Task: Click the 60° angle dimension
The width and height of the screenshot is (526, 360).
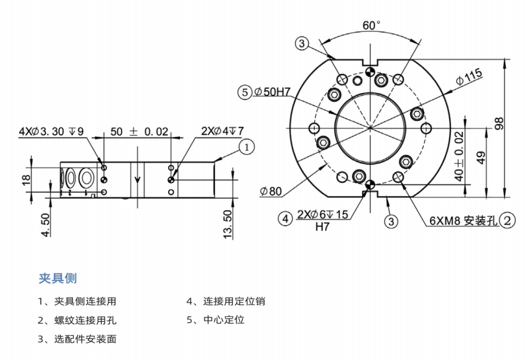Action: point(371,26)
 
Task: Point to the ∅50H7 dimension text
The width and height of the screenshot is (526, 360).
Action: point(272,92)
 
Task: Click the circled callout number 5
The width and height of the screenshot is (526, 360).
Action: point(245,92)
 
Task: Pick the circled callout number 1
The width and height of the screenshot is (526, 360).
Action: point(246,147)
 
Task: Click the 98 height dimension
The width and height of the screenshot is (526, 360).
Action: point(499,123)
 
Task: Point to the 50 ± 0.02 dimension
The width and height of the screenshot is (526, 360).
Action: point(139,132)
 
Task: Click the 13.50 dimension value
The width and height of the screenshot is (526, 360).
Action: point(228,224)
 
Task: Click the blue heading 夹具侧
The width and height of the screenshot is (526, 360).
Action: point(57,278)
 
